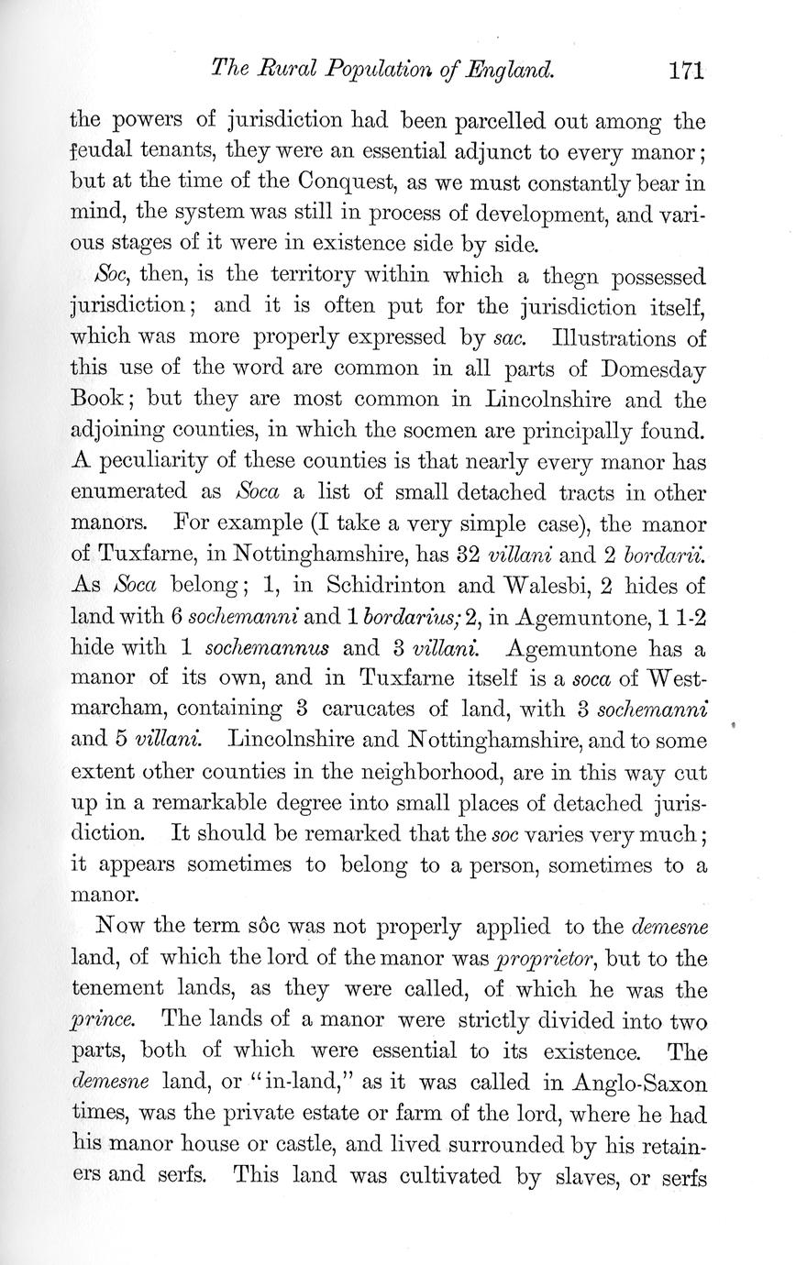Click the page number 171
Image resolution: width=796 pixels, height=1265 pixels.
coord(685,70)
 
